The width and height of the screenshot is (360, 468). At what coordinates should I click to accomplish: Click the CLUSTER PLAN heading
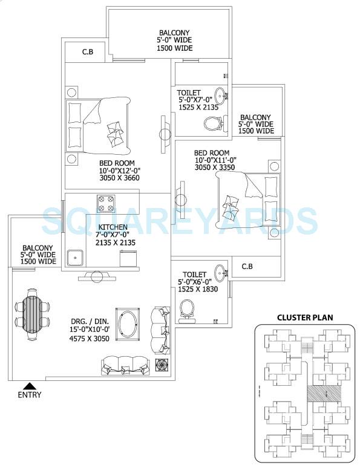pos(305,317)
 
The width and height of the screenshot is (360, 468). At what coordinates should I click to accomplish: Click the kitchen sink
pos(76,256)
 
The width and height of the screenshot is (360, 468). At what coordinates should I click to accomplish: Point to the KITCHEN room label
pos(113,227)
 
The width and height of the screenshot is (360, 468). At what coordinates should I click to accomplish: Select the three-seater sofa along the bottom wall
pos(124,364)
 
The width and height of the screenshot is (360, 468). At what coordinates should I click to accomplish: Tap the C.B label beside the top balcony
pos(87,52)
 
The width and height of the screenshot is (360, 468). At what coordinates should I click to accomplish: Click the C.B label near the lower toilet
pos(247,266)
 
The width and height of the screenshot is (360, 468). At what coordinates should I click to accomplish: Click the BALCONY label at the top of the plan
pos(174,33)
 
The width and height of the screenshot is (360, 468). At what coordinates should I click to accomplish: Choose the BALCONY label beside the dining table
pos(38,248)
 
